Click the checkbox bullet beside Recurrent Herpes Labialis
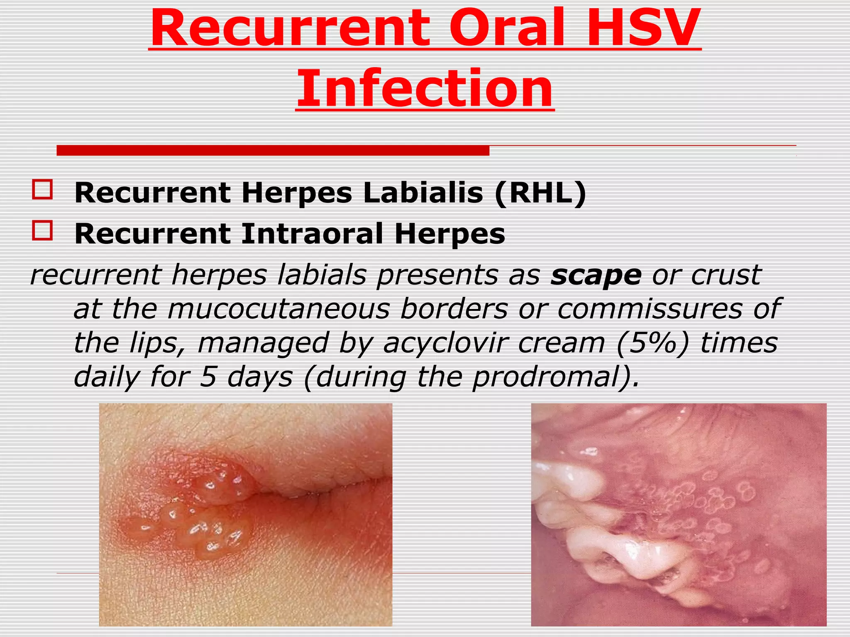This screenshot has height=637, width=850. (x=42, y=190)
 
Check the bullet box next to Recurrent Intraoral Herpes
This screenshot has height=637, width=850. (x=42, y=231)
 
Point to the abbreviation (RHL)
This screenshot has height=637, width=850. (x=540, y=193)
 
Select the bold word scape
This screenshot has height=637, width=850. (x=596, y=275)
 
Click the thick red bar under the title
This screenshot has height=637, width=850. (x=273, y=151)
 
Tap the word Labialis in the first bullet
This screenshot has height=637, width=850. (x=423, y=193)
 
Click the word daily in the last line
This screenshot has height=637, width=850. (x=106, y=377)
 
